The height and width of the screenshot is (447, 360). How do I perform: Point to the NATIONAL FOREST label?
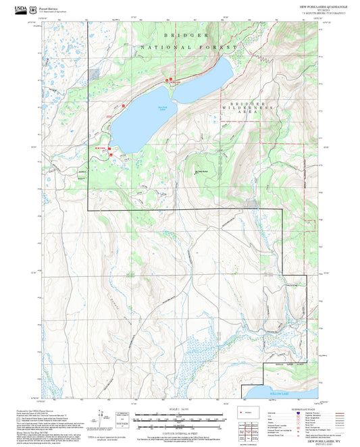(189, 47)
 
